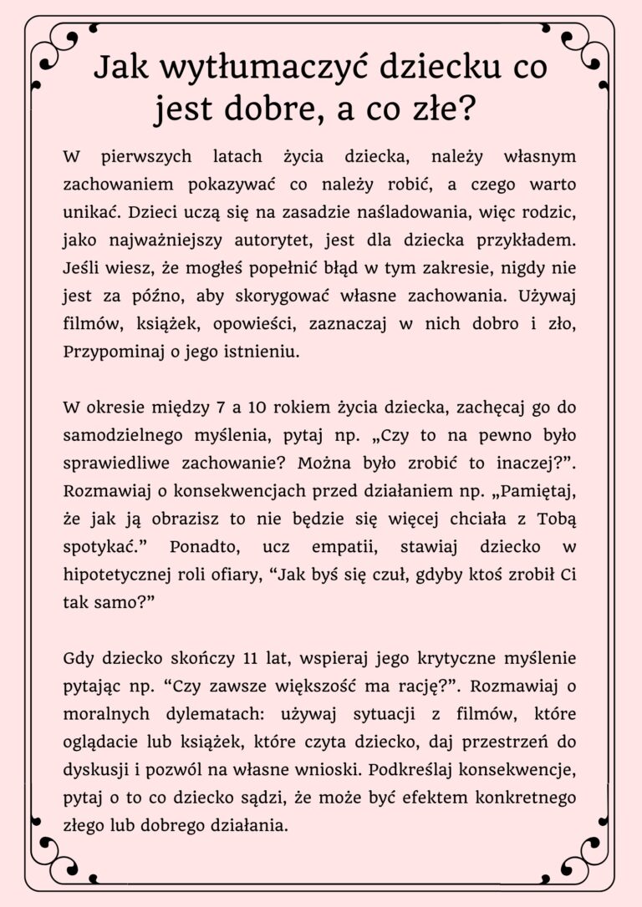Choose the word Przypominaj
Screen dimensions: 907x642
coord(104,352)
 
